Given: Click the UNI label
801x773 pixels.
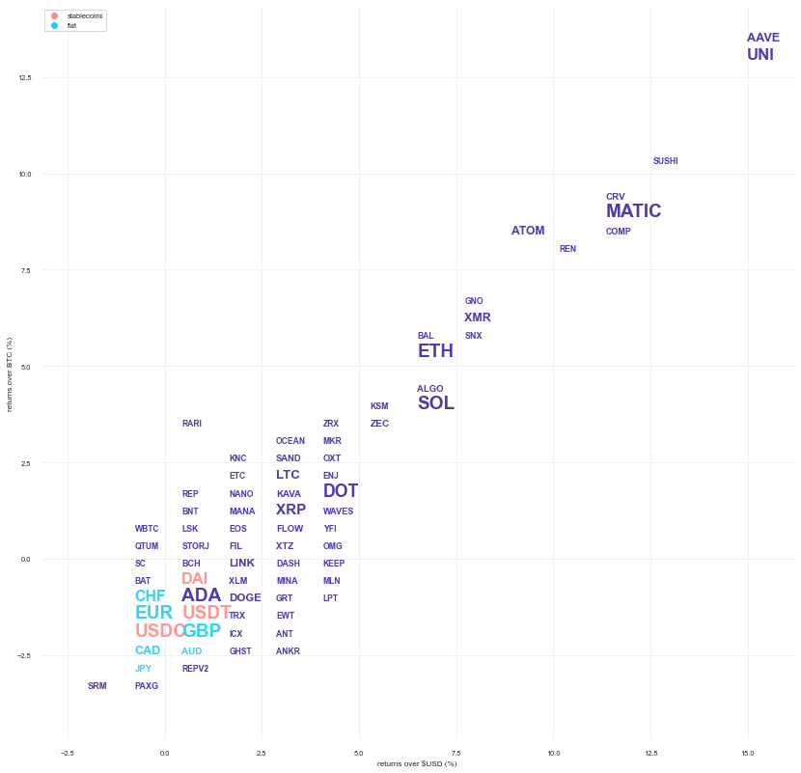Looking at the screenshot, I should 760,55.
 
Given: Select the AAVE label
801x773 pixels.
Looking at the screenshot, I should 762,38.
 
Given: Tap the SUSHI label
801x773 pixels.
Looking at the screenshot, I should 665,161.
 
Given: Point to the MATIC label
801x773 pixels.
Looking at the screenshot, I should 633,211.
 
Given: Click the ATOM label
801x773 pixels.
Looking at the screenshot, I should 528,231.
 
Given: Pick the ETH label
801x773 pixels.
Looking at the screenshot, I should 435,351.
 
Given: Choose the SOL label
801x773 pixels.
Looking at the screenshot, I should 435,403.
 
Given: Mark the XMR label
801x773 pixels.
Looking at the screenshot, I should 477,317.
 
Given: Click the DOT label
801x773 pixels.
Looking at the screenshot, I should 340,491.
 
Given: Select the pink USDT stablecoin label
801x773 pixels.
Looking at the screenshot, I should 207,613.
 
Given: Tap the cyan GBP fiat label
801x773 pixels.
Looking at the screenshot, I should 202,631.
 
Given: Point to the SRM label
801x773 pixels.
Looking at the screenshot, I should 97,686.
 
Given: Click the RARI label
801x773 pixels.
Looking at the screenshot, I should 192,424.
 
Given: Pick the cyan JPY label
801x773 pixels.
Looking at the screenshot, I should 143,669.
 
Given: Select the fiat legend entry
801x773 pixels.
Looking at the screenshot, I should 71,25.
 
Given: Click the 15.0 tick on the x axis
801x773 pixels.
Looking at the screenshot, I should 748,753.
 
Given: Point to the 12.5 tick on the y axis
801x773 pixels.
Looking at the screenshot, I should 24,78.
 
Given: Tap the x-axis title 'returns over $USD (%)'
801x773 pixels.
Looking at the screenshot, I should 417,763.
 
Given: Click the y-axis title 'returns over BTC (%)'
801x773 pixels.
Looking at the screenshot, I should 9,374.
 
